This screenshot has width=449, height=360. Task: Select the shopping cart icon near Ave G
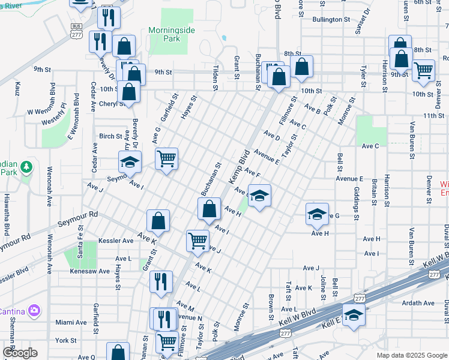pos(166,159)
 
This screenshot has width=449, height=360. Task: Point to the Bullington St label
pos(331,19)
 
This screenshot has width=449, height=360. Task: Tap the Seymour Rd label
pos(77,218)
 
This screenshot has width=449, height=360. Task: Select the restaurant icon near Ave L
pos(161,281)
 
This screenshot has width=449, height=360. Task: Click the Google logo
pos(19,353)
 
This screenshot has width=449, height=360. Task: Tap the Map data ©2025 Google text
pos(412,355)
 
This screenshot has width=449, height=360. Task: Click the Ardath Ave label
pos(418,303)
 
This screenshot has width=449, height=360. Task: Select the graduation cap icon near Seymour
pos(129,162)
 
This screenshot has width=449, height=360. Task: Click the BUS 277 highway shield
pos(76,31)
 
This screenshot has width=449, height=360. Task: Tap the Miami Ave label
pos(71,322)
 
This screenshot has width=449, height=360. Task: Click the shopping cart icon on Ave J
pos(197,241)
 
